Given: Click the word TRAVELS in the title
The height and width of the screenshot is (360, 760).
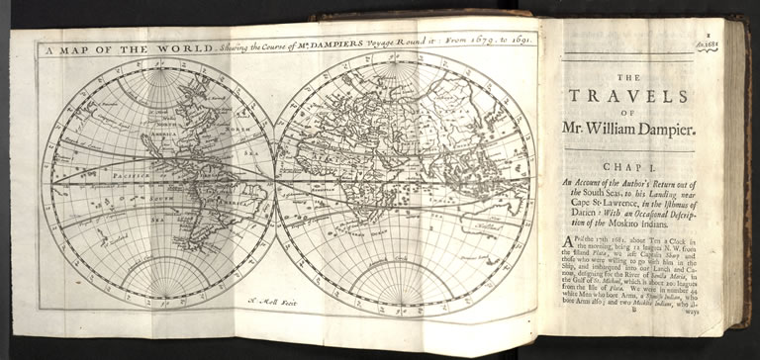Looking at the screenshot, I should pos(642,95).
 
